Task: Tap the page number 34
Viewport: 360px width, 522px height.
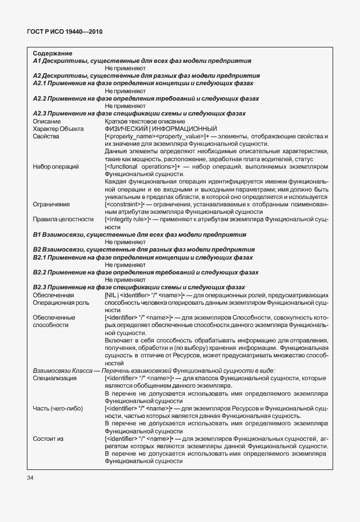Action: [x=30, y=477]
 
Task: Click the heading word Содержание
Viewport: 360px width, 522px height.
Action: [x=49, y=53]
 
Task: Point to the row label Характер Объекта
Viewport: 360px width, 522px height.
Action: [x=58, y=129]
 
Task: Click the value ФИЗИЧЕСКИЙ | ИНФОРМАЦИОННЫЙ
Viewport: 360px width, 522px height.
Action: [x=161, y=129]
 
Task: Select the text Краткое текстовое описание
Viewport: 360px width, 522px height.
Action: [x=145, y=121]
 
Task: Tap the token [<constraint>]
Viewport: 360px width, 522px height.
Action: [x=126, y=204]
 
